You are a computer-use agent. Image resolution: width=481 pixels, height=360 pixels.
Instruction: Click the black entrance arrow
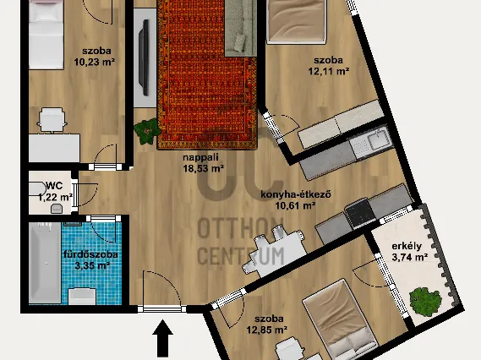162,338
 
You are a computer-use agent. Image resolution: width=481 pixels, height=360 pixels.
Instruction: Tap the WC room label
54,186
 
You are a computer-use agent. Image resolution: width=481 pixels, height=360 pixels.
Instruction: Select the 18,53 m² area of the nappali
204,168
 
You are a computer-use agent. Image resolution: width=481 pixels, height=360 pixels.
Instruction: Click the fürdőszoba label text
90,254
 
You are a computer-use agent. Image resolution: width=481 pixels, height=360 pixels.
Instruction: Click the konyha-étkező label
296,194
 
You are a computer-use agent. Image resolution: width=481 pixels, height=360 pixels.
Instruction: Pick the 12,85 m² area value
267,330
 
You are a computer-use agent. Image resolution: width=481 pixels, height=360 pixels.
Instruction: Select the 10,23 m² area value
95,62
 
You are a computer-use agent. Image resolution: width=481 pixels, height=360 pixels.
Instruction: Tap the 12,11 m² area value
329,72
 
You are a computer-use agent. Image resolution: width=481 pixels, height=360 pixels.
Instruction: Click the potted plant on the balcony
425,303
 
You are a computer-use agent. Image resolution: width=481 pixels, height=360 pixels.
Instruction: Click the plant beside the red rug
148,131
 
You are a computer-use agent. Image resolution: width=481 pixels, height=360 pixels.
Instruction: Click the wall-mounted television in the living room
144,57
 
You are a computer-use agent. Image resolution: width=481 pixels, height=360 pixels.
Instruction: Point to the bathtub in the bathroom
45,263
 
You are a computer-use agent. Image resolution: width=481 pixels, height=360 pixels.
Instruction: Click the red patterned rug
207,74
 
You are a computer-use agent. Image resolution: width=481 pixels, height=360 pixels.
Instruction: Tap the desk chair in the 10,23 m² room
52,120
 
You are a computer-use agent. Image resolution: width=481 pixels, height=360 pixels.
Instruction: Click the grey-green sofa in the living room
241,28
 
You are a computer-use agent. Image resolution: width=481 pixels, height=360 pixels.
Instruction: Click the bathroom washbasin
82,297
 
